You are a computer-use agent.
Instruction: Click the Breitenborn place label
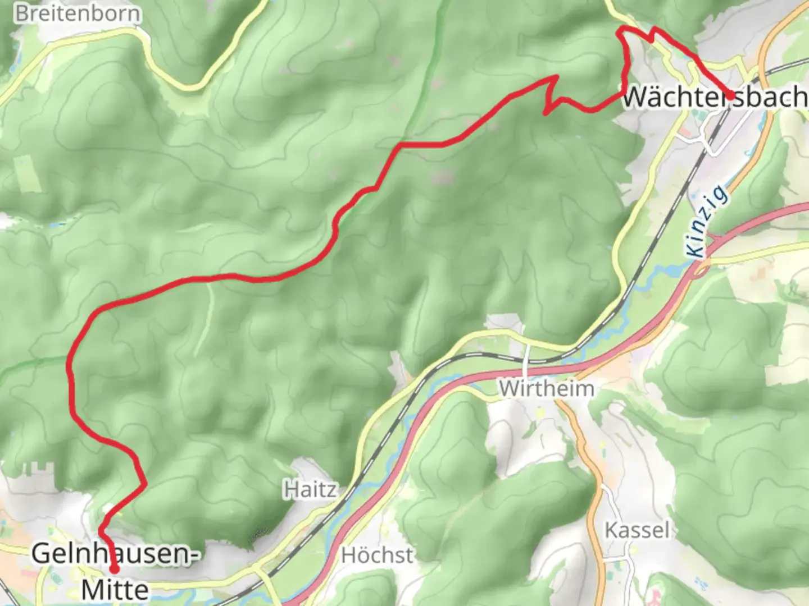pyautogui.click(x=78, y=13)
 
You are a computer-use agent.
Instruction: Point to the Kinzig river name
pyautogui.click(x=708, y=223)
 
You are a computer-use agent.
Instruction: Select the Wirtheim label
pyautogui.click(x=546, y=388)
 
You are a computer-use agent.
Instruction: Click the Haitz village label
pyautogui.click(x=310, y=490)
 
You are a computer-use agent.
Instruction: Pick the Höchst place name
pyautogui.click(x=377, y=555)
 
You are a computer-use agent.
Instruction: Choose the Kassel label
pyautogui.click(x=637, y=530)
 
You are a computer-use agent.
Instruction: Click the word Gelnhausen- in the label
pyautogui.click(x=115, y=554)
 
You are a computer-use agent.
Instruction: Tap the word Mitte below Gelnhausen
pyautogui.click(x=115, y=590)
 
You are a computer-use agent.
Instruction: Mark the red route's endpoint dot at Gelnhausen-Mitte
pyautogui.click(x=114, y=569)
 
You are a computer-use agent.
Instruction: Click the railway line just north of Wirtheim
pyautogui.click(x=506, y=357)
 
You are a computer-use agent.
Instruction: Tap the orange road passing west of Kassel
pyautogui.click(x=587, y=449)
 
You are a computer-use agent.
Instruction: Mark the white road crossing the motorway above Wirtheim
pyautogui.click(x=528, y=359)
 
